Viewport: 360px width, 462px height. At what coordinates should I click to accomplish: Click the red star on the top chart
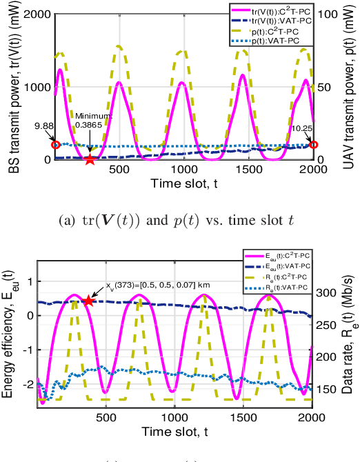pyautogui.click(x=90, y=160)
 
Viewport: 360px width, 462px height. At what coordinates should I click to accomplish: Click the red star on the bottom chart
pyautogui.click(x=88, y=301)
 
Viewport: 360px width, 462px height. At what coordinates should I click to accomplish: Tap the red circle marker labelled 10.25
pyautogui.click(x=314, y=144)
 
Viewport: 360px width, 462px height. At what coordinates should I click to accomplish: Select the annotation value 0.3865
pyautogui.click(x=88, y=124)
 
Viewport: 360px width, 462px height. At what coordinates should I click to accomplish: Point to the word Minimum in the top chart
pyautogui.click(x=88, y=115)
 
